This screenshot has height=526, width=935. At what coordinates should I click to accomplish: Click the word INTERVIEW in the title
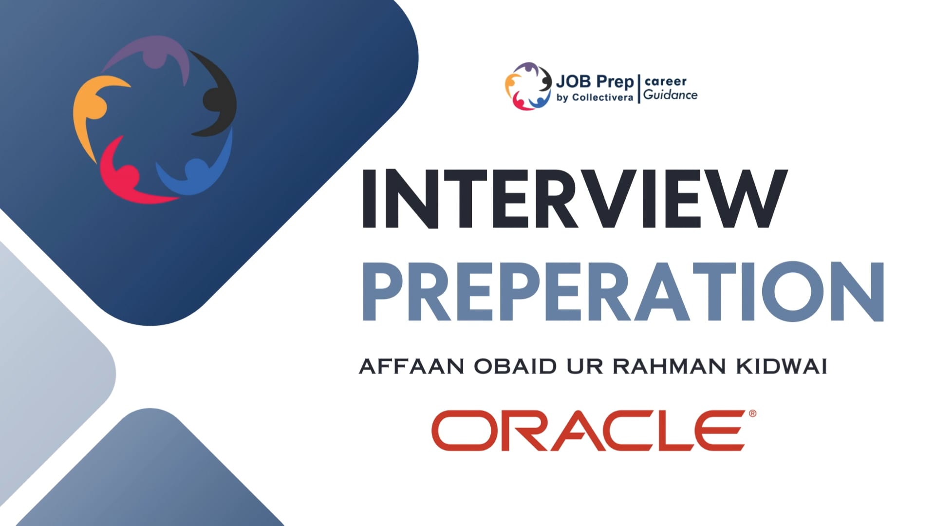[x=574, y=199]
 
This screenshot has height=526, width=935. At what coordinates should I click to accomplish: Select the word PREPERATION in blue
[x=623, y=291]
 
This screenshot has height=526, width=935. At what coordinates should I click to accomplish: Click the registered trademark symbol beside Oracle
[x=752, y=413]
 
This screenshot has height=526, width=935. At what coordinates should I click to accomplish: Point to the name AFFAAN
[x=411, y=367]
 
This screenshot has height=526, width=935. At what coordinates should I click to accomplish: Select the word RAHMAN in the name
[x=669, y=367]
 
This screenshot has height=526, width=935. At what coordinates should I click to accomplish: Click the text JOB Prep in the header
[x=595, y=82]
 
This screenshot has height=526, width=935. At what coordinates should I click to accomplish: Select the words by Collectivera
[x=595, y=97]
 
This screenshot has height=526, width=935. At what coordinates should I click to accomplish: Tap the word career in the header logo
[x=665, y=81]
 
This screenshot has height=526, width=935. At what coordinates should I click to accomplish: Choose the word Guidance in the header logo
[x=671, y=95]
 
